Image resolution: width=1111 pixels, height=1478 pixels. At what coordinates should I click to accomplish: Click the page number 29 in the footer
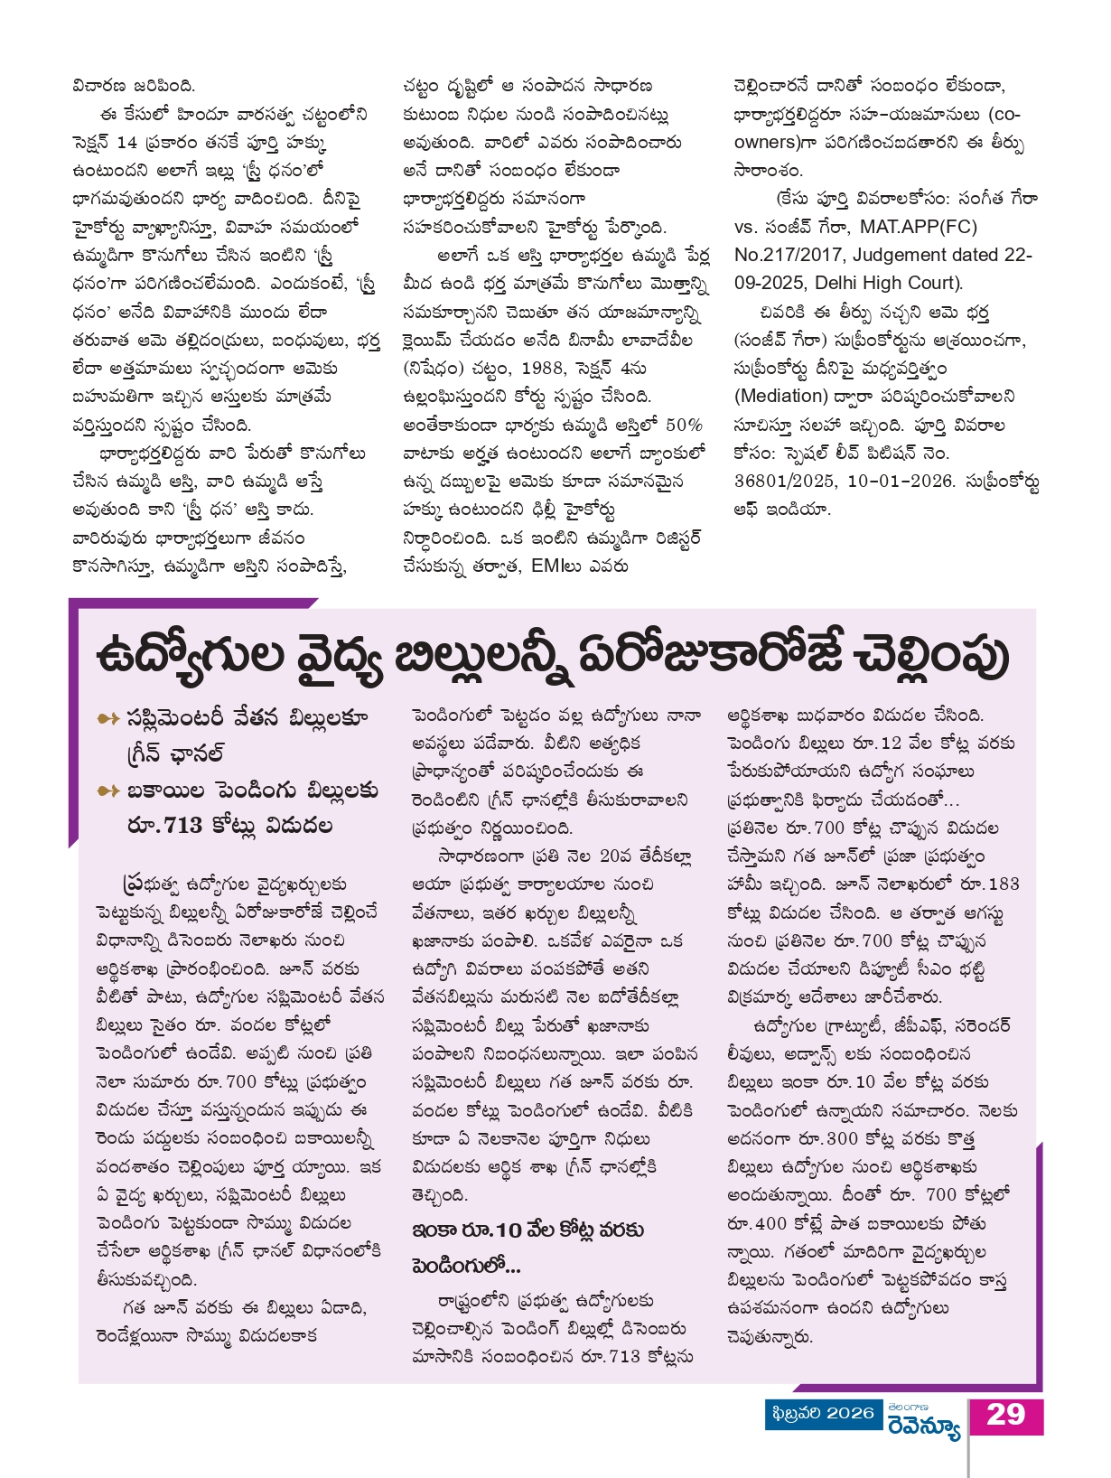click(1005, 1414)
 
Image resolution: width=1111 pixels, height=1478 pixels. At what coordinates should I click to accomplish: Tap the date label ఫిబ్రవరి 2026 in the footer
click(823, 1413)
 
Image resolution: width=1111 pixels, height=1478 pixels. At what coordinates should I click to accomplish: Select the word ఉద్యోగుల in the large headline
click(190, 655)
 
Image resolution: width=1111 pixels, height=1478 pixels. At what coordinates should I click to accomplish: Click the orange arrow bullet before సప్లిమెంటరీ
click(108, 718)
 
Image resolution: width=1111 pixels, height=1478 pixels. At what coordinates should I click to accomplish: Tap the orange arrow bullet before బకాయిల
click(108, 791)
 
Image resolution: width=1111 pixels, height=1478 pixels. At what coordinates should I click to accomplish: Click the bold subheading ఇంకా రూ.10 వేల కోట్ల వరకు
click(527, 1230)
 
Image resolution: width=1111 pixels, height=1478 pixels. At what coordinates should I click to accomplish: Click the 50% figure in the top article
click(684, 425)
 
